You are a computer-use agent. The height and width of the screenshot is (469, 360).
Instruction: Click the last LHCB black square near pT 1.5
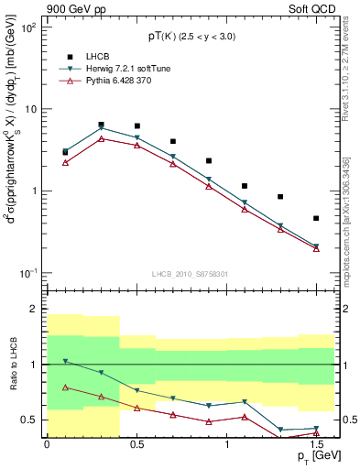pos(316,218)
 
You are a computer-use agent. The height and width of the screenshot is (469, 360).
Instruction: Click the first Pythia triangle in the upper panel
pos(65,162)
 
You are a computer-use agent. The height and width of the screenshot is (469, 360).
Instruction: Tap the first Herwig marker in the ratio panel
pos(65,361)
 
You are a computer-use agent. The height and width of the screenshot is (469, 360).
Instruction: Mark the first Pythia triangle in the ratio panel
pos(65,387)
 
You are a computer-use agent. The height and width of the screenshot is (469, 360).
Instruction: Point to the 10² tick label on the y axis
pos(27,28)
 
